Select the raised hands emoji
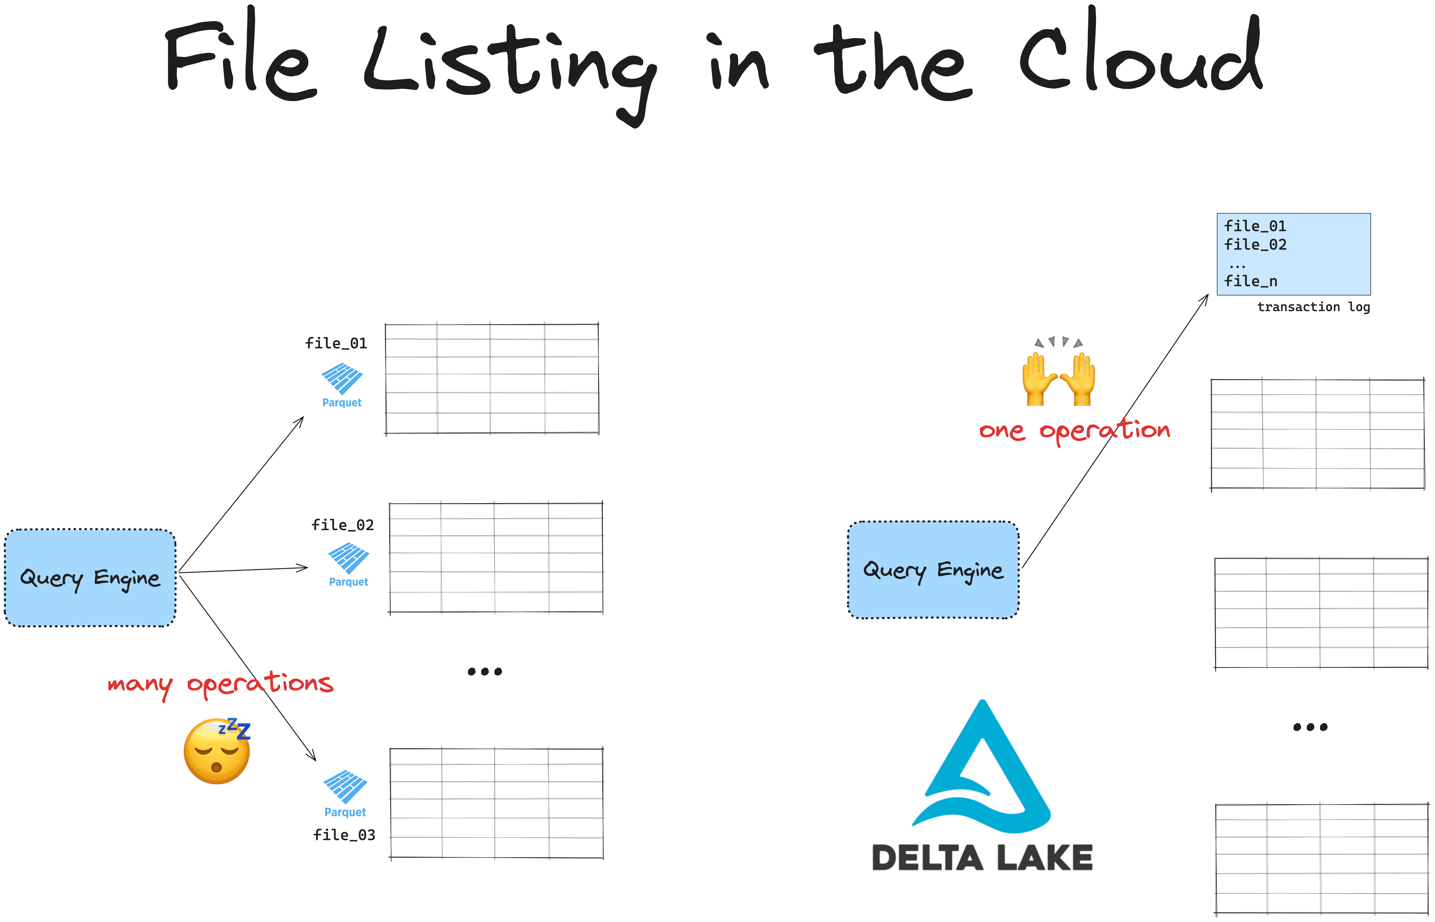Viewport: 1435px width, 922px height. click(1059, 371)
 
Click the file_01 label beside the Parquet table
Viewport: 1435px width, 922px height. click(336, 343)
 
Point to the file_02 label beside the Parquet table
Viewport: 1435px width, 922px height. click(343, 525)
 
